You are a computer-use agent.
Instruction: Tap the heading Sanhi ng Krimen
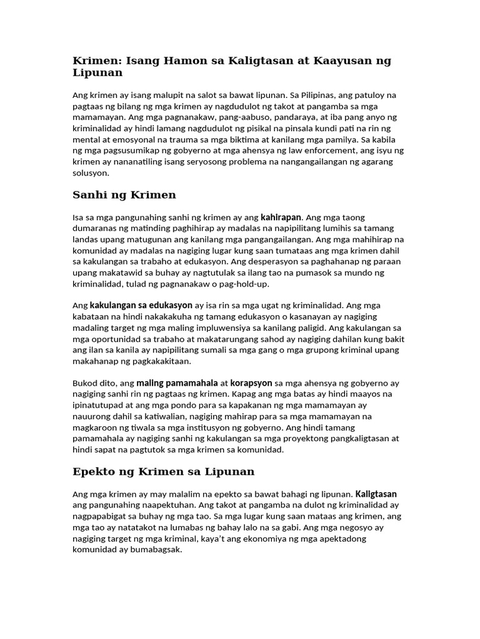(124, 195)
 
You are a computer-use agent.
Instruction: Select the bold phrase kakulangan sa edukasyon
(141, 306)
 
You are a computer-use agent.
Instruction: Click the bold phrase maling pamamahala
(176, 383)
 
